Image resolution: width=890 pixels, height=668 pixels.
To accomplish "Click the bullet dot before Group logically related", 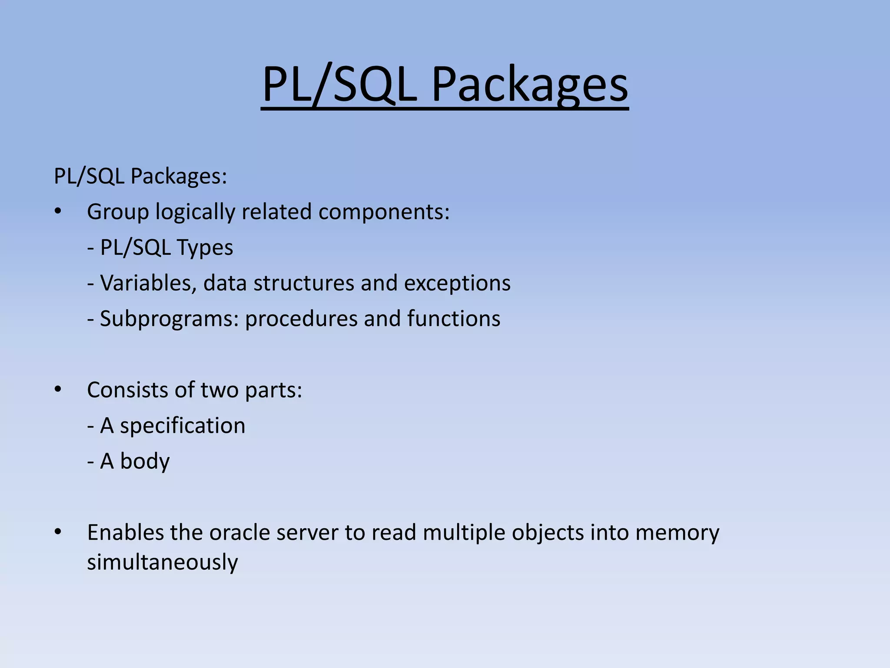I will [58, 212].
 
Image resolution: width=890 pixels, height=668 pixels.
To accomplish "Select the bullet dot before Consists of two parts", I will [58, 390].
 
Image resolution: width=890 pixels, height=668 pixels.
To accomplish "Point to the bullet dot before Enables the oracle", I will [58, 532].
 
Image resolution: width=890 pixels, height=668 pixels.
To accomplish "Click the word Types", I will [205, 248].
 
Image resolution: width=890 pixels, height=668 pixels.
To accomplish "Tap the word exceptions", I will [457, 283].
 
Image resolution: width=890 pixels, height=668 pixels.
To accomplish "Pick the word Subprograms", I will [169, 319].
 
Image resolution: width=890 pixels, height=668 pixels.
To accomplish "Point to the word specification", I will [183, 426].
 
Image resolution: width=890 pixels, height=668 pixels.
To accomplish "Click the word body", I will [145, 461].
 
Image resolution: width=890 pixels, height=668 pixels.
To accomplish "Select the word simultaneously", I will [163, 562].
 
